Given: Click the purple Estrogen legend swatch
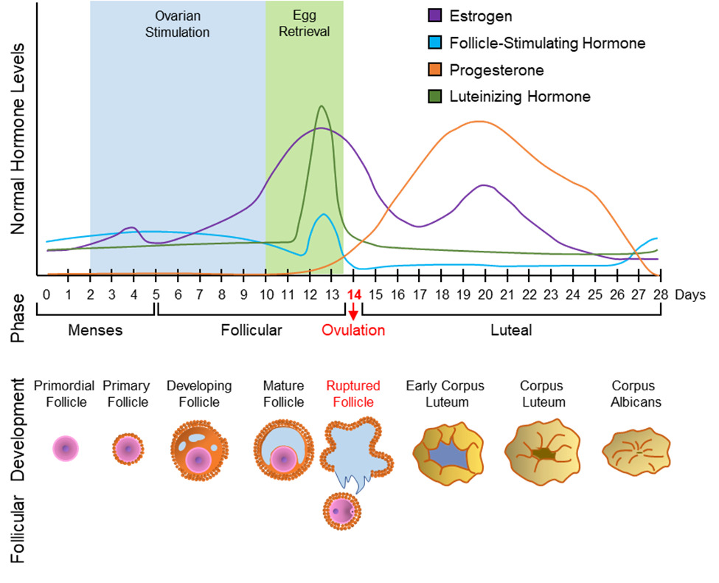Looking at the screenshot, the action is [x=434, y=15].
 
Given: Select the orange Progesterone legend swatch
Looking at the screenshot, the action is [x=434, y=70].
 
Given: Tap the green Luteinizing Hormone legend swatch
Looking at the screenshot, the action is [x=434, y=97].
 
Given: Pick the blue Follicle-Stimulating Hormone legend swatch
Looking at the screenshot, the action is [x=434, y=43].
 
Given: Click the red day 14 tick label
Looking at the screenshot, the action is [x=353, y=294].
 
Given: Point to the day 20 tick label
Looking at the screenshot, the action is [x=485, y=294].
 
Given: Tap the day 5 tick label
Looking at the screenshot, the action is [x=156, y=294].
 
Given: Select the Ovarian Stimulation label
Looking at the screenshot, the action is [x=178, y=24].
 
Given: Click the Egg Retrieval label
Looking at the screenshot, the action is [x=305, y=24].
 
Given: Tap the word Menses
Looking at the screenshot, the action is [x=95, y=330].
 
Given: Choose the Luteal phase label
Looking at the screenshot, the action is [x=511, y=330].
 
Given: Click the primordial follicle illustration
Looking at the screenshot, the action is [x=66, y=449].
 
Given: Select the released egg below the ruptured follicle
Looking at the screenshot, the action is [x=342, y=511].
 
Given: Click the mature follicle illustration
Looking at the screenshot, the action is [x=284, y=450].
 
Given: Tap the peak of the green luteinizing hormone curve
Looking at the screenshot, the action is [x=322, y=106].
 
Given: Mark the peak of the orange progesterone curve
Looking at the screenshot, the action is [x=479, y=121].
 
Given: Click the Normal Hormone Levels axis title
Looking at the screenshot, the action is [x=18, y=139].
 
